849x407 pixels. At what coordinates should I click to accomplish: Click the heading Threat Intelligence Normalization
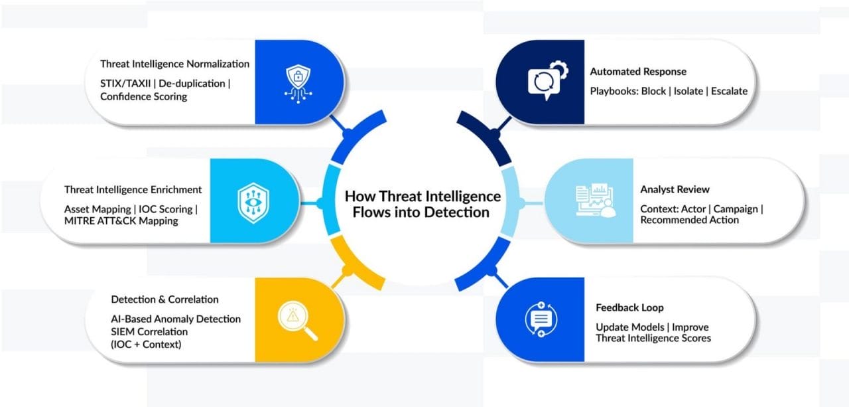[x=174, y=64]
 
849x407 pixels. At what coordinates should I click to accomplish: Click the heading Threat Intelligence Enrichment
[x=133, y=190]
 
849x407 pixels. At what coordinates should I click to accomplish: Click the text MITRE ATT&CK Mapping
[x=121, y=220]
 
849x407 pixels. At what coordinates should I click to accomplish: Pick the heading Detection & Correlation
[x=164, y=299]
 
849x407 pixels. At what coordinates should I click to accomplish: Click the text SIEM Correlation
[x=149, y=331]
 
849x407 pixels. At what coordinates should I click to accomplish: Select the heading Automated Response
[x=638, y=72]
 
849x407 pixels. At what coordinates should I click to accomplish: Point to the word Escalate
[x=729, y=91]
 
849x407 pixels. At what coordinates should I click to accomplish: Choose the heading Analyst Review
[x=675, y=190]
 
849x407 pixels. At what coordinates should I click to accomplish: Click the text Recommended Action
[x=689, y=220]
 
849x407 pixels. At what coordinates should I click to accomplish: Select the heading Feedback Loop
[x=629, y=308]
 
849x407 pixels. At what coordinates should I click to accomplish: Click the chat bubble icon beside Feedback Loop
[x=541, y=319]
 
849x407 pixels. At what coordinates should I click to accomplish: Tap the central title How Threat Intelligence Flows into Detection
[x=423, y=204]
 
